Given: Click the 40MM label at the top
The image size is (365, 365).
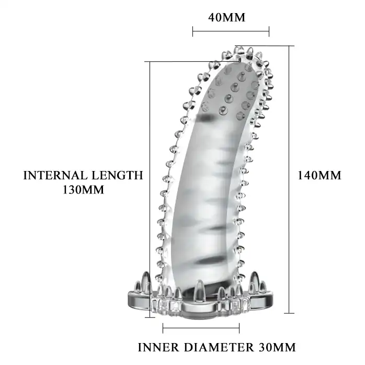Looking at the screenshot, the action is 227,17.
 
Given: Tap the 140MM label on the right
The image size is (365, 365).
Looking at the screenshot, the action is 320,175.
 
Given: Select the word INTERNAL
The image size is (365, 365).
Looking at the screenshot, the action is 55,175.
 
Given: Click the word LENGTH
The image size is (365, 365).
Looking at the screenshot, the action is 117,175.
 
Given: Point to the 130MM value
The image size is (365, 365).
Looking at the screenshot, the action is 83,190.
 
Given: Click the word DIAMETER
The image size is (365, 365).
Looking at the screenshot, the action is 219,348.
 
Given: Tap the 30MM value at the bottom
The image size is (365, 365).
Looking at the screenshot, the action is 277,348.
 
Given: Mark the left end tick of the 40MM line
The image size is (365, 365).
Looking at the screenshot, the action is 193,31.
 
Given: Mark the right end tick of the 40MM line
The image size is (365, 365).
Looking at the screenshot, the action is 269,31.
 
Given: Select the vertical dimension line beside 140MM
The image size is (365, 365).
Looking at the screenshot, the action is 289,179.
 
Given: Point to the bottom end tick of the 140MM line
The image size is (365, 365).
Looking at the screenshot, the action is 289,313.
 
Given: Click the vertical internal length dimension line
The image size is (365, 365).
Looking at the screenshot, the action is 150,189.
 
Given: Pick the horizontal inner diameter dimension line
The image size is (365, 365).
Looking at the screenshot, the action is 201,328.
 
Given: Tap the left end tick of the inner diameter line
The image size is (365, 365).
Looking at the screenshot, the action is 163,328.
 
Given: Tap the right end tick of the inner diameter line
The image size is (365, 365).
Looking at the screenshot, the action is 239,328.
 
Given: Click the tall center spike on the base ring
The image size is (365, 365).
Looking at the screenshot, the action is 199,288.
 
